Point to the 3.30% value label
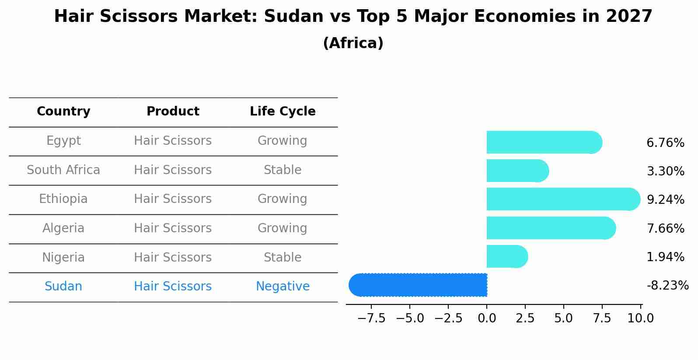pyautogui.click(x=665, y=171)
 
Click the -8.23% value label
pyautogui.click(x=667, y=286)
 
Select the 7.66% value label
pyautogui.click(x=665, y=228)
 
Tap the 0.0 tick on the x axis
pyautogui.click(x=487, y=318)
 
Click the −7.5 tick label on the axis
pyautogui.click(x=371, y=318)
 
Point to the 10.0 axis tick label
pyautogui.click(x=641, y=318)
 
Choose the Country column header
pyautogui.click(x=63, y=112)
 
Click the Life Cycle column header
pyautogui.click(x=283, y=112)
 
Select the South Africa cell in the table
pyautogui.click(x=63, y=170)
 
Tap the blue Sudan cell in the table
pyautogui.click(x=63, y=287)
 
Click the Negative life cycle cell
pyautogui.click(x=283, y=287)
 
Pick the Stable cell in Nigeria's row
pyautogui.click(x=283, y=257)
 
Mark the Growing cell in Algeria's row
pyautogui.click(x=283, y=228)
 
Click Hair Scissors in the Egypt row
pyautogui.click(x=173, y=141)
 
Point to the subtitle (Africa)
pyautogui.click(x=353, y=43)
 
